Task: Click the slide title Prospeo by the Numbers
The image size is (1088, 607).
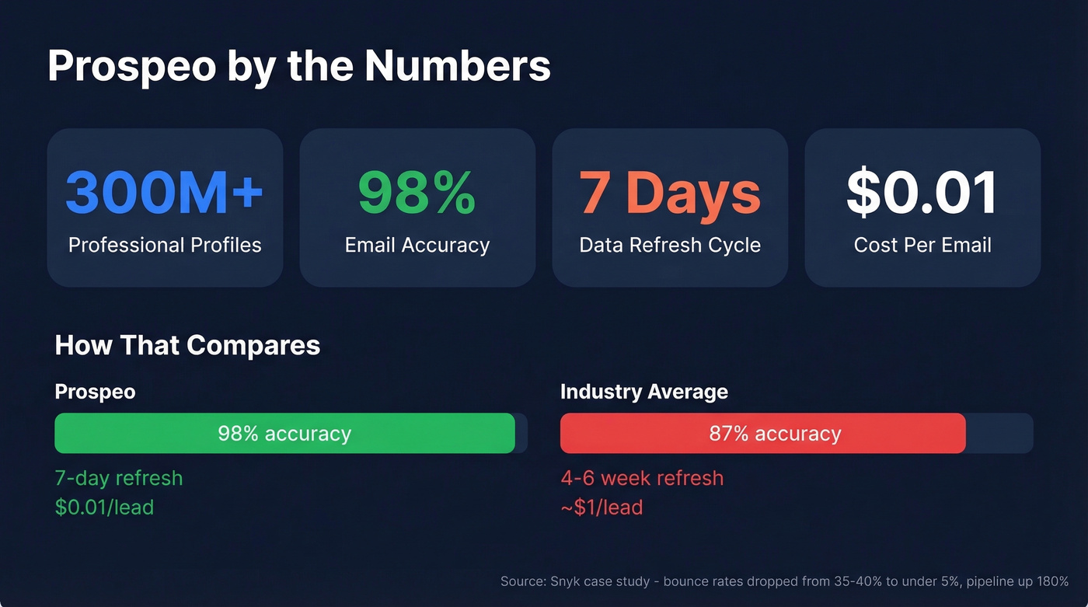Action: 299,65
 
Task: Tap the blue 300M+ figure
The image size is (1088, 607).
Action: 165,193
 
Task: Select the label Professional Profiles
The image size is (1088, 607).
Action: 165,246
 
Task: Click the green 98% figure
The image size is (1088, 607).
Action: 417,193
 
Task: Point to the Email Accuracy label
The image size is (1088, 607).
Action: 417,246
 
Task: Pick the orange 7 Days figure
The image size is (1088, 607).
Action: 670,193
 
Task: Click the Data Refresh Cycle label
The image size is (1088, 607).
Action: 670,246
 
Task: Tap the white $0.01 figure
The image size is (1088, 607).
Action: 922,193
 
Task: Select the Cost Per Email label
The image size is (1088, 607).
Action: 922,246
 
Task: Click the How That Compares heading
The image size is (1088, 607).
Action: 187,345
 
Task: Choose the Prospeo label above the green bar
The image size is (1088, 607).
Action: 95,392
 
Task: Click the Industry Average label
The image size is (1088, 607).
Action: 644,392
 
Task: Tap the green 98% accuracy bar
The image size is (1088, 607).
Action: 284,433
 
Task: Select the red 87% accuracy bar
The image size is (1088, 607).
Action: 762,433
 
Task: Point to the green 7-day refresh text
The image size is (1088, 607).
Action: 119,478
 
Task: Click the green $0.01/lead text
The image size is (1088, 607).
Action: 104,508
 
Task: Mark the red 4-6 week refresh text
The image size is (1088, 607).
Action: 642,478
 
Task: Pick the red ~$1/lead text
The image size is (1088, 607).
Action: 602,508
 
